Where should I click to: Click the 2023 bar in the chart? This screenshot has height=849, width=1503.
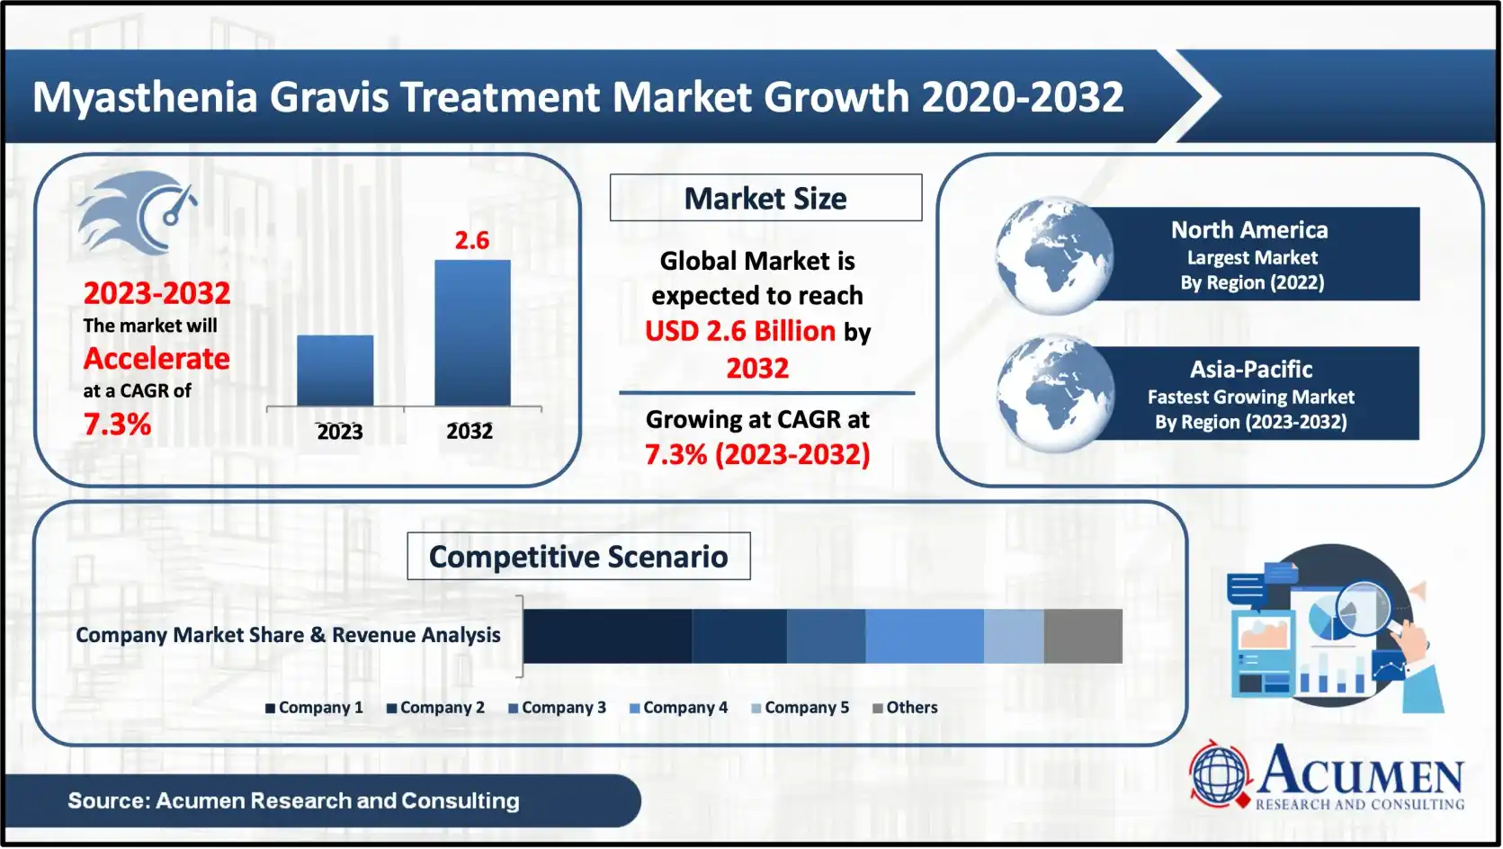coord(335,371)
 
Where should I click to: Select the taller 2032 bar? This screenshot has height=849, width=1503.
coord(472,333)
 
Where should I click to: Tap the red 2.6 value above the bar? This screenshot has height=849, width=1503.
coord(471,241)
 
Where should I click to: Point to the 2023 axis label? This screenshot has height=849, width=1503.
coord(339,432)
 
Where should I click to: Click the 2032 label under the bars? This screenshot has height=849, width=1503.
coord(470,432)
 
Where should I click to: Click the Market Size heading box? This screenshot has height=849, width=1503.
coord(765,198)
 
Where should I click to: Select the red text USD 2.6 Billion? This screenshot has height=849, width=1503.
coord(740,331)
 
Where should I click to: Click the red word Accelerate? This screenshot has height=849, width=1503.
coord(157,359)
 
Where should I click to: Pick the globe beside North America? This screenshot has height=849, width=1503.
coord(1053,255)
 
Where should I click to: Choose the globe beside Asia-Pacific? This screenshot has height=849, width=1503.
coord(1055,393)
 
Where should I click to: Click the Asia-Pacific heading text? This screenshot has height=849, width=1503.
coord(1251,370)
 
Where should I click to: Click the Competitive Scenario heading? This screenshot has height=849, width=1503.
coord(578,557)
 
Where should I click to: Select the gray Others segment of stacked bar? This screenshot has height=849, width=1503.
coord(1083,636)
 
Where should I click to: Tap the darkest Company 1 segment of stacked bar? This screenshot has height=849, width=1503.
coord(607,636)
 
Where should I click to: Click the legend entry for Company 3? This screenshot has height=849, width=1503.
coord(558,708)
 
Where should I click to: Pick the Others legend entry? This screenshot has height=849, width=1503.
coord(906,708)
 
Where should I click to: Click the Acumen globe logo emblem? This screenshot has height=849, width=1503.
coord(1219,774)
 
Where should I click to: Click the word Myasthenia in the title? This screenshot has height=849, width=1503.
coord(145,97)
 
